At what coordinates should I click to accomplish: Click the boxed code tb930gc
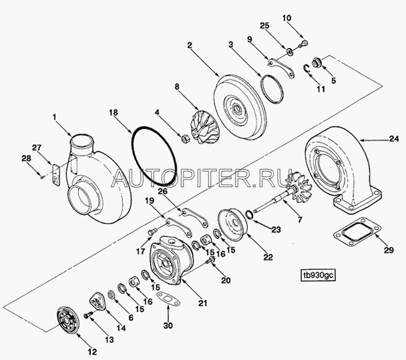pos(319,276)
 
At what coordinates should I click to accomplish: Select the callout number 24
pos(393,139)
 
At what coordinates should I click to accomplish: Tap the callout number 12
pos(92,352)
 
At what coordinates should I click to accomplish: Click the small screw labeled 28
pos(41,178)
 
